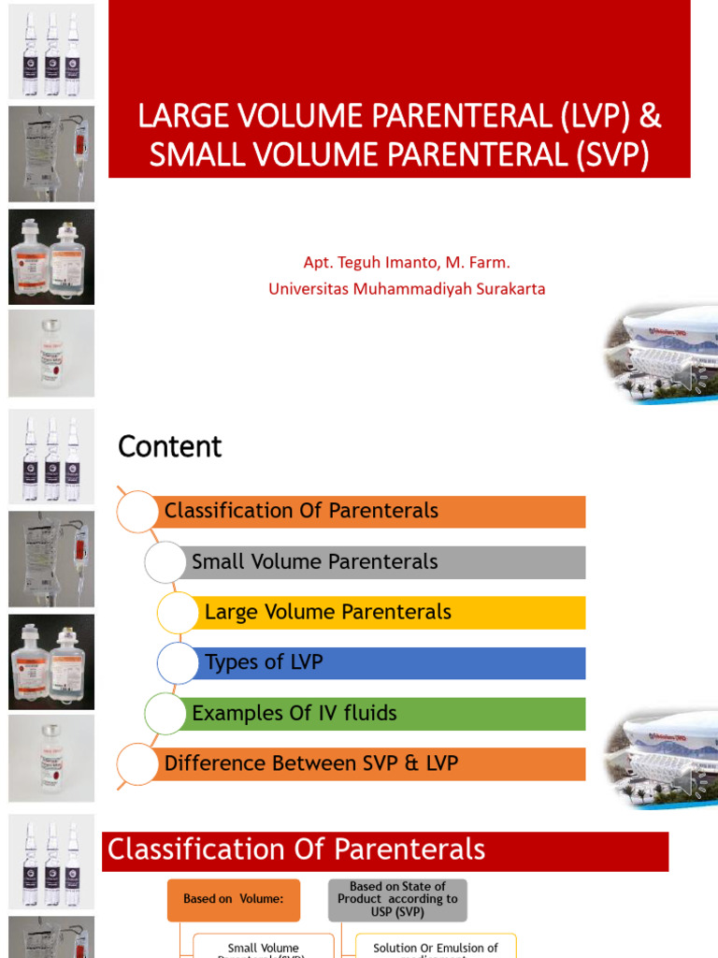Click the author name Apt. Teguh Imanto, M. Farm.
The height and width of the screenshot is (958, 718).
click(x=407, y=263)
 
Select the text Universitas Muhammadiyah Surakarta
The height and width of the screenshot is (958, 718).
click(x=407, y=289)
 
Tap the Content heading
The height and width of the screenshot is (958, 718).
click(x=169, y=447)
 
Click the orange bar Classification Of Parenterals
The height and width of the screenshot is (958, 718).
click(x=374, y=512)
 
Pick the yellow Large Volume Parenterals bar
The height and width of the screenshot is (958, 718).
click(x=393, y=613)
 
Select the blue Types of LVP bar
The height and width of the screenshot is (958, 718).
click(x=393, y=663)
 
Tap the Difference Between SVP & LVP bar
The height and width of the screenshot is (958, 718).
click(x=374, y=764)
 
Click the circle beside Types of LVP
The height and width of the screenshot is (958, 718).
click(x=178, y=663)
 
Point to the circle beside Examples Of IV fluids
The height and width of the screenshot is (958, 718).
click(x=165, y=714)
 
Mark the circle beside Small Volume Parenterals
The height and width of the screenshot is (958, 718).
click(x=165, y=562)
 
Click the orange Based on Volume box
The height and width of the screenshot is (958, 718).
click(x=234, y=899)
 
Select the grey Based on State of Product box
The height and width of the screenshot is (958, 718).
click(x=397, y=899)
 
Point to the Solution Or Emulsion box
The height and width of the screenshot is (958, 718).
click(x=435, y=947)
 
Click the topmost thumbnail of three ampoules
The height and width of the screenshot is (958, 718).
click(x=51, y=51)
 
